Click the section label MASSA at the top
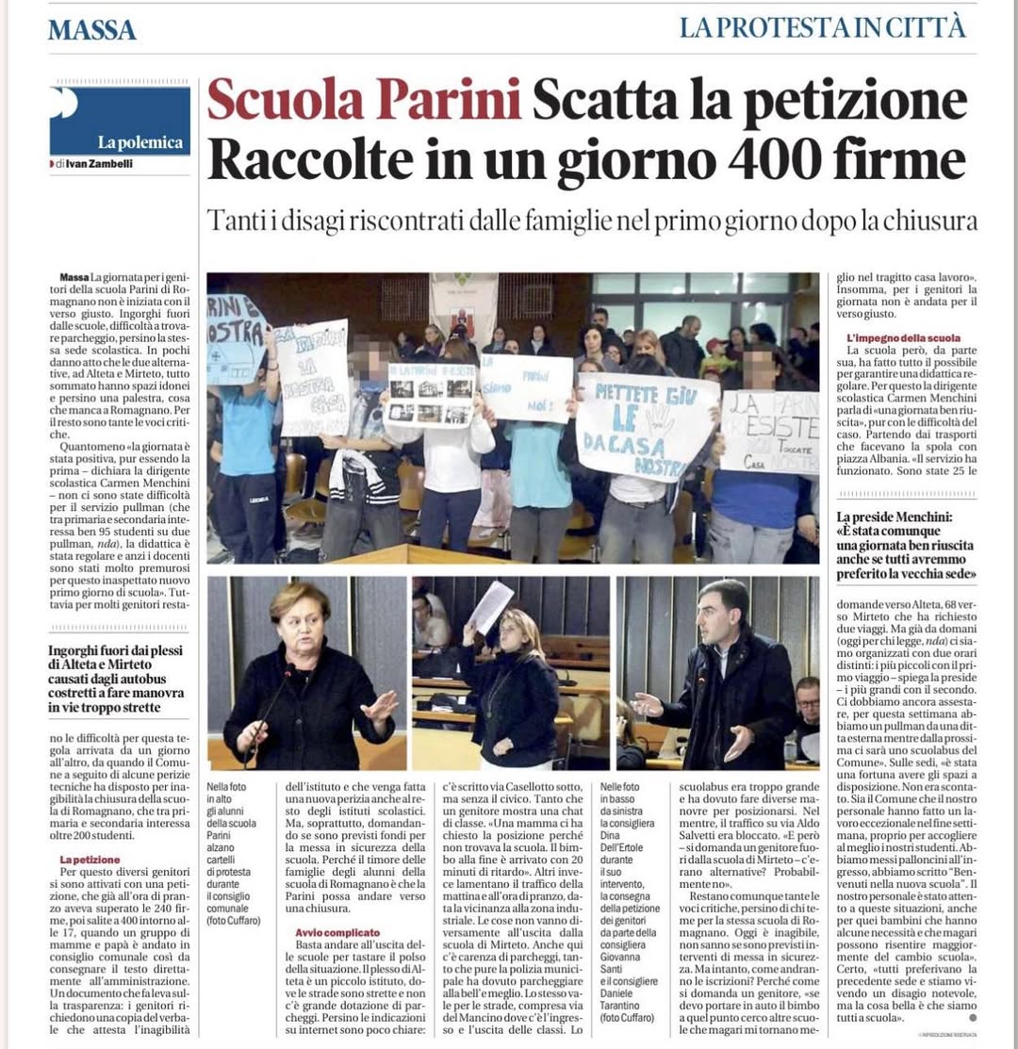click(x=92, y=29)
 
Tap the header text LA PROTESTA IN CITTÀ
click(x=822, y=27)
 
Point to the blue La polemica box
click(x=120, y=121)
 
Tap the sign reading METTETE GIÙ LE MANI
click(x=646, y=423)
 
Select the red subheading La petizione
click(x=90, y=859)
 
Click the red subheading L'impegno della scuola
click(x=903, y=337)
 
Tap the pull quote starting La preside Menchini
click(x=905, y=544)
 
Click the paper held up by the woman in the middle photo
click(x=492, y=607)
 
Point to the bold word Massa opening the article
click(x=74, y=276)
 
